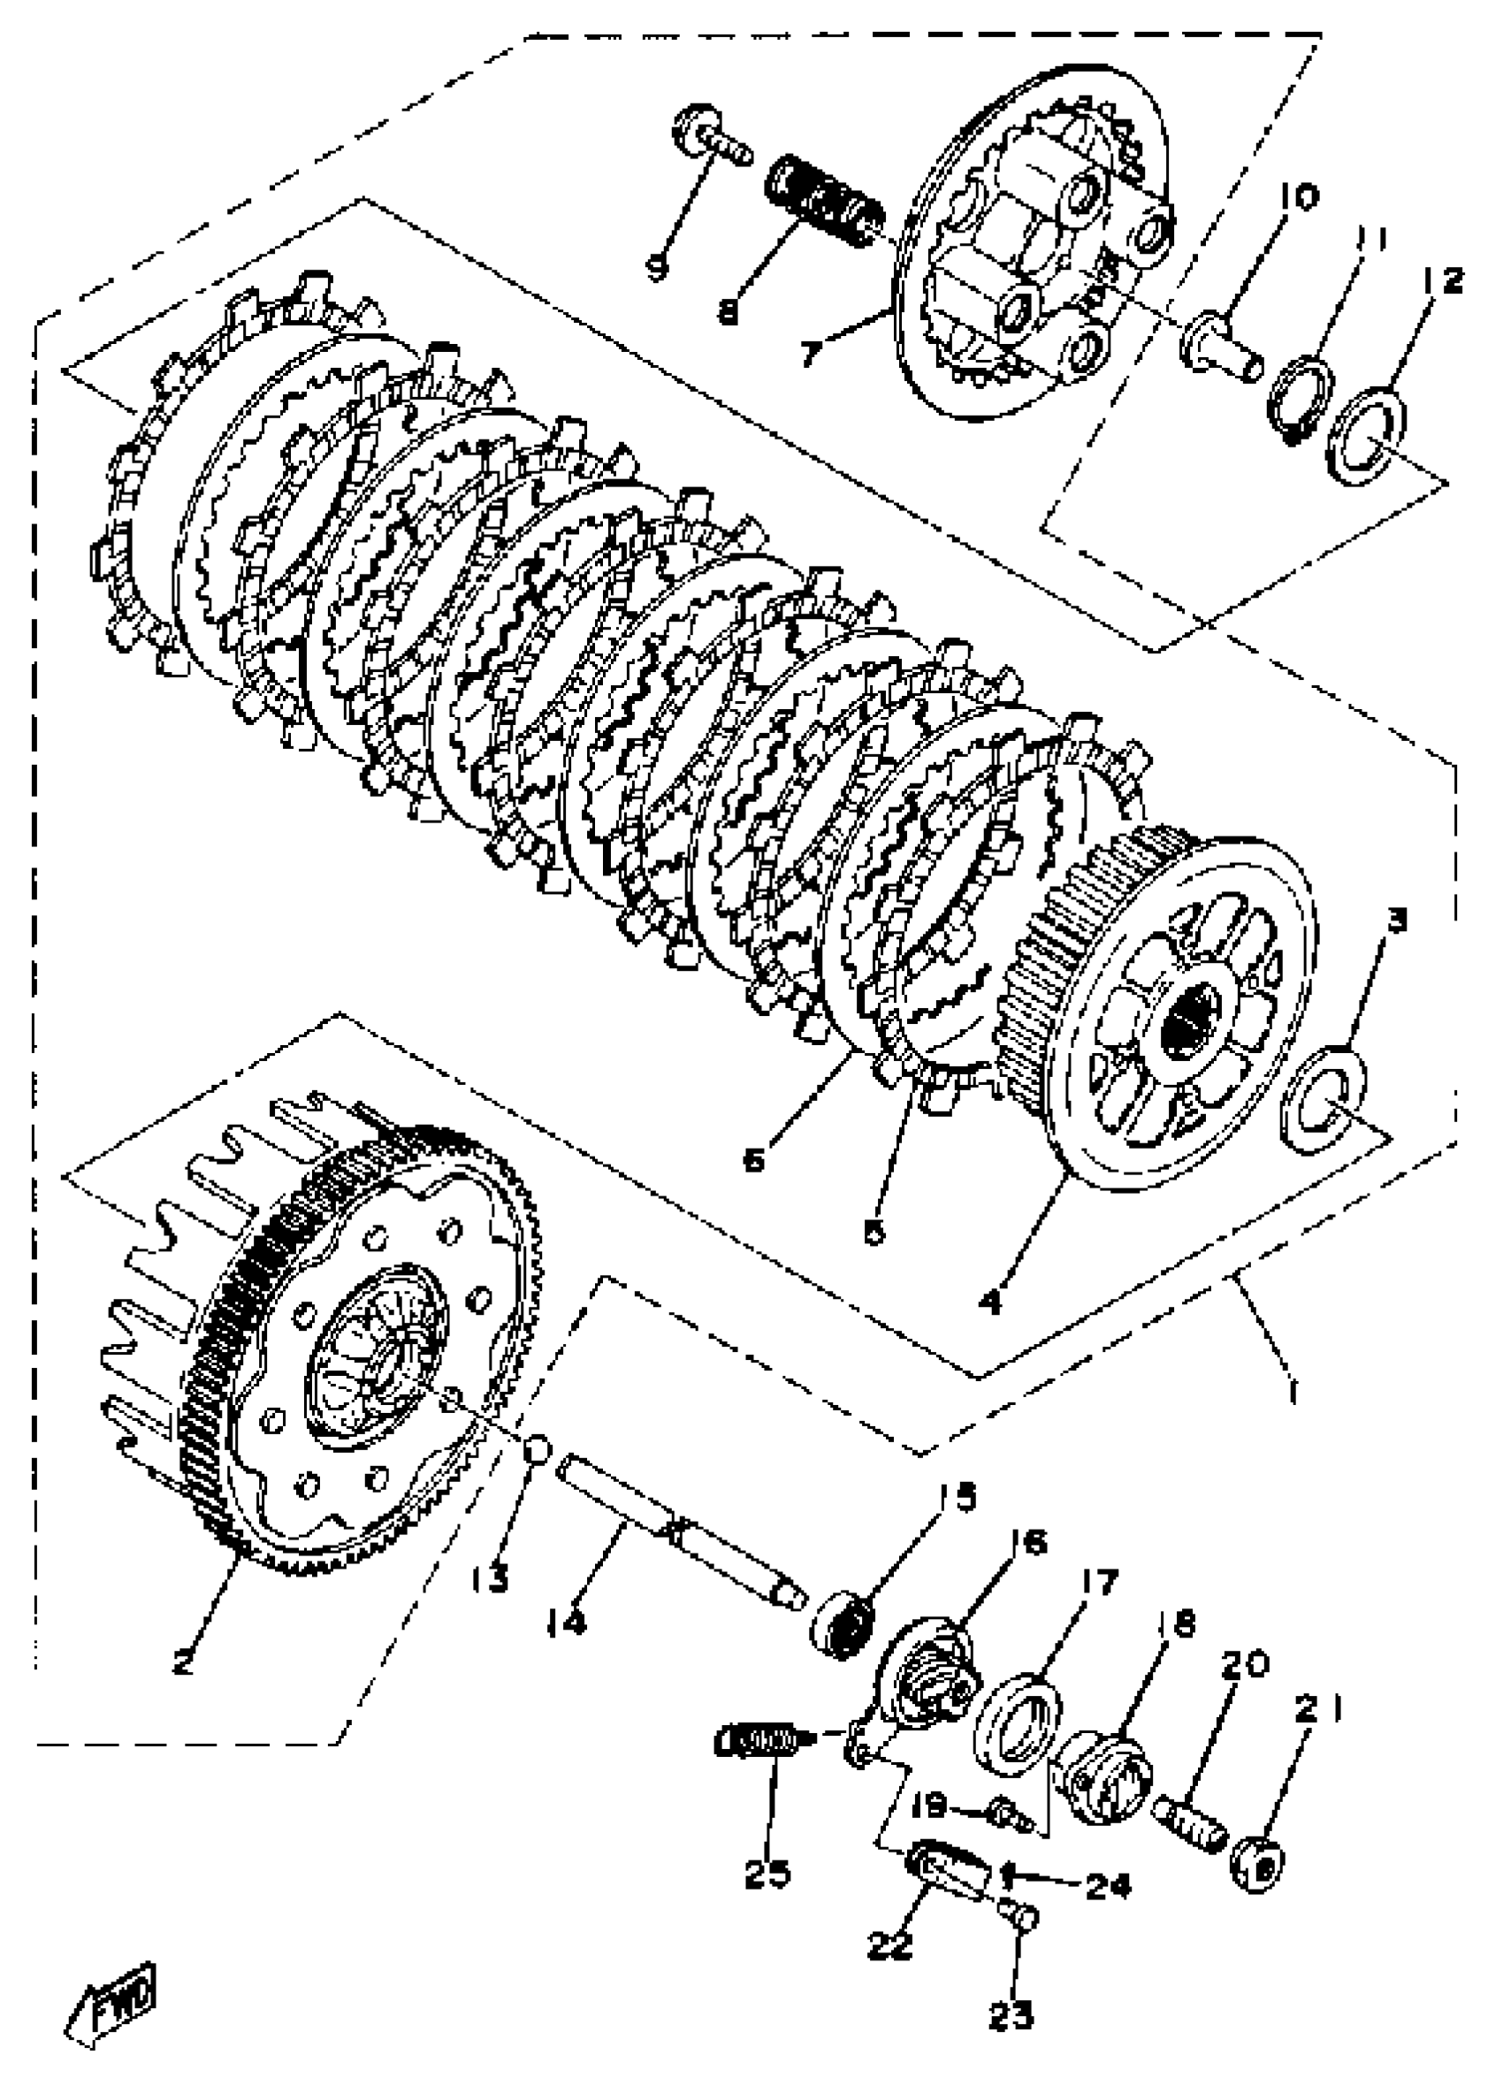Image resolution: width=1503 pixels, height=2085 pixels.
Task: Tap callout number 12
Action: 1439,280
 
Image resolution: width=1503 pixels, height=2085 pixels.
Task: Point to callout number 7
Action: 810,353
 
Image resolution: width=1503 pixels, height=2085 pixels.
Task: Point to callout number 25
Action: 767,1872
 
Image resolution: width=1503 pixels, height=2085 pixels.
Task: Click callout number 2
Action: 183,1661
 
